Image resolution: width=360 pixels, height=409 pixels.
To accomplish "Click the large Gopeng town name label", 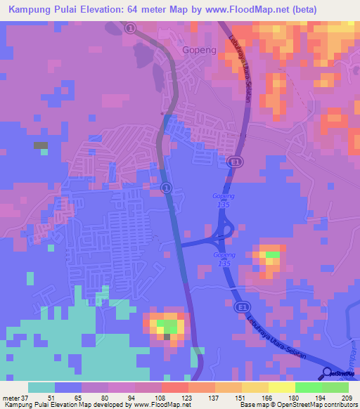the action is (198, 50).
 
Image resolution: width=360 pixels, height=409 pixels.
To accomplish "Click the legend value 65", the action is (80, 397).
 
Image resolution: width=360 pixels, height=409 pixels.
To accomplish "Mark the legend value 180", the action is (295, 397).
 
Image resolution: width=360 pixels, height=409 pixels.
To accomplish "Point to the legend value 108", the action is (161, 397).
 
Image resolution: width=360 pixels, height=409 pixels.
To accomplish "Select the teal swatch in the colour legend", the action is (41, 387).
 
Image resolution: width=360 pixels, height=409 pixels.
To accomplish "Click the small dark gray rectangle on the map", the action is (40, 145).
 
